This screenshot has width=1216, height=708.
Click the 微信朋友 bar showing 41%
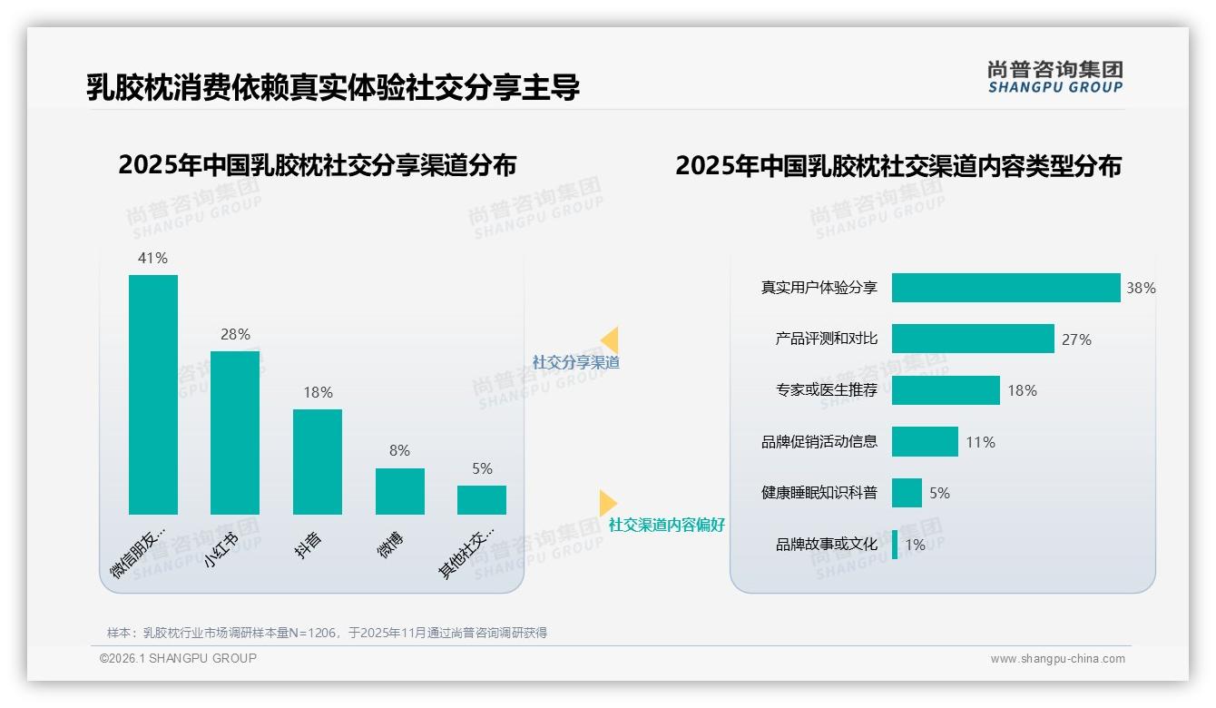(x=153, y=395)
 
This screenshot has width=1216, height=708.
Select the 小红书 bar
(x=235, y=433)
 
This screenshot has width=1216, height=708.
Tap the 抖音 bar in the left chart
(x=318, y=462)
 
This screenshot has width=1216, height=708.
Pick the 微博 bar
(x=400, y=491)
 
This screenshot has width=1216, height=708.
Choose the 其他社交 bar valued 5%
(x=482, y=500)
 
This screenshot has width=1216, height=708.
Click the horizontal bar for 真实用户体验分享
(x=1005, y=288)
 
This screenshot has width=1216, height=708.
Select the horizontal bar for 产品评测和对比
(x=973, y=339)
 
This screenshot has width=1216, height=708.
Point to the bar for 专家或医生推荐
(x=946, y=390)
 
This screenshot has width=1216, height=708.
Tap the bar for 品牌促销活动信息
(x=925, y=442)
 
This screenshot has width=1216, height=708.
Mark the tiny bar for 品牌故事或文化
(x=895, y=545)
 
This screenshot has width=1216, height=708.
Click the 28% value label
(x=235, y=334)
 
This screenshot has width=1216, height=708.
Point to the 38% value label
(x=1141, y=288)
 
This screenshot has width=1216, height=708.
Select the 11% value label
(x=980, y=442)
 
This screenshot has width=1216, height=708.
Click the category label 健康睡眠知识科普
(x=819, y=493)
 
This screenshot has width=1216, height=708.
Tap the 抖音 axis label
(x=309, y=545)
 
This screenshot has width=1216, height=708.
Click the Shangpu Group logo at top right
(x=1055, y=77)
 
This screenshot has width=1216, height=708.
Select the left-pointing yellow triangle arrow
(x=610, y=339)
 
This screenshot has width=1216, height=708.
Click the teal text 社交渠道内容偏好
(x=667, y=525)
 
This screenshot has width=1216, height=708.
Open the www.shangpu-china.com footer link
(x=1057, y=659)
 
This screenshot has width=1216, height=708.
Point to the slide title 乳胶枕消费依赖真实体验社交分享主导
(x=333, y=87)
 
